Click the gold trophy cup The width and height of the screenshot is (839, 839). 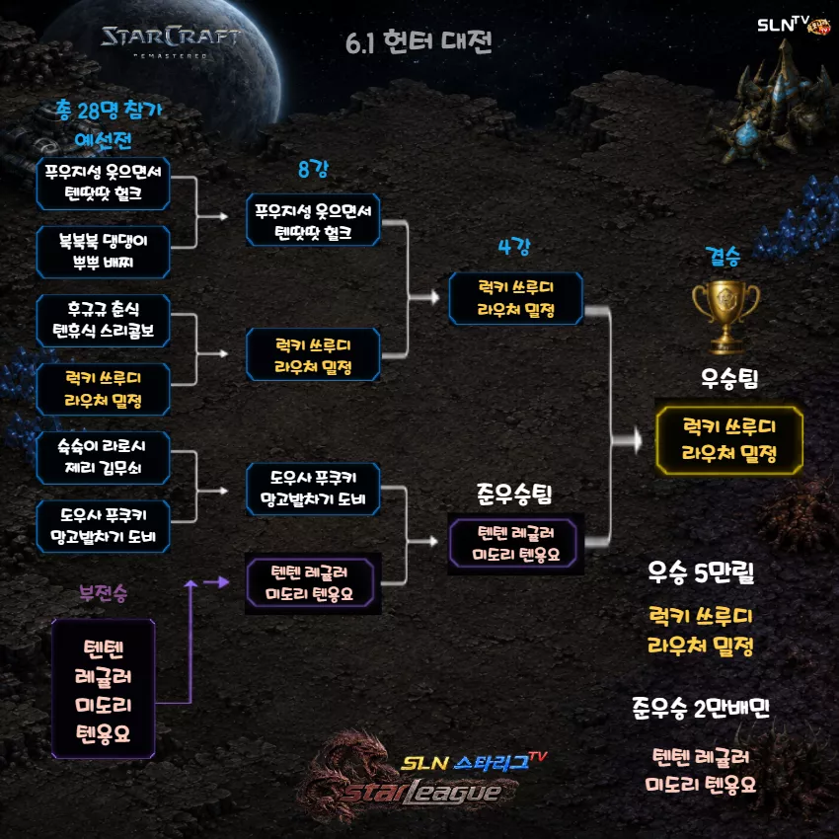(725, 316)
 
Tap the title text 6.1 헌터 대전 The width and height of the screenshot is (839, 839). (419, 42)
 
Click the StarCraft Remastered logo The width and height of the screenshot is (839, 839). (170, 40)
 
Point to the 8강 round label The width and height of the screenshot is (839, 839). (313, 169)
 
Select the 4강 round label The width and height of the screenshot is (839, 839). (513, 247)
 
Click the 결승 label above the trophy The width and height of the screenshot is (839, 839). (723, 257)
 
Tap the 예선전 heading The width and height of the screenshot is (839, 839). (104, 140)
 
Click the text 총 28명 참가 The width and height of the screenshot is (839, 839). (109, 111)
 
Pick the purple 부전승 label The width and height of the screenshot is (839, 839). (104, 593)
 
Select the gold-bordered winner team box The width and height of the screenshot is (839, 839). (729, 440)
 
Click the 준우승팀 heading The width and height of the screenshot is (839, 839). (514, 494)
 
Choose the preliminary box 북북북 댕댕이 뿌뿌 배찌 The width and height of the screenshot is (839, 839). (104, 252)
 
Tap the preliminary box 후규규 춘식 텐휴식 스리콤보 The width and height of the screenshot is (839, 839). (104, 321)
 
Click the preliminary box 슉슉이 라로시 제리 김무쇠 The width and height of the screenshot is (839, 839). (104, 457)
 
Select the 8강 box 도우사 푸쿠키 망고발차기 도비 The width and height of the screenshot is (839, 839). (313, 489)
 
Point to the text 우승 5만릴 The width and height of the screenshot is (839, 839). (701, 572)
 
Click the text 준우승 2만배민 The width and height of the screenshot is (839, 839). (701, 708)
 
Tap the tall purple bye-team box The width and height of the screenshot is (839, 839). (104, 689)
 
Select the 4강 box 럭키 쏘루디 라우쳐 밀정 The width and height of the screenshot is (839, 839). (516, 298)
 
